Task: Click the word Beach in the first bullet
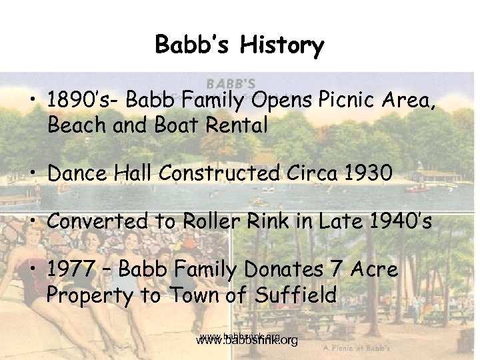point(73,125)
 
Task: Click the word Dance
point(75,173)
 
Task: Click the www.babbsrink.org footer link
point(247,341)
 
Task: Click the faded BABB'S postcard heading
point(230,84)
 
